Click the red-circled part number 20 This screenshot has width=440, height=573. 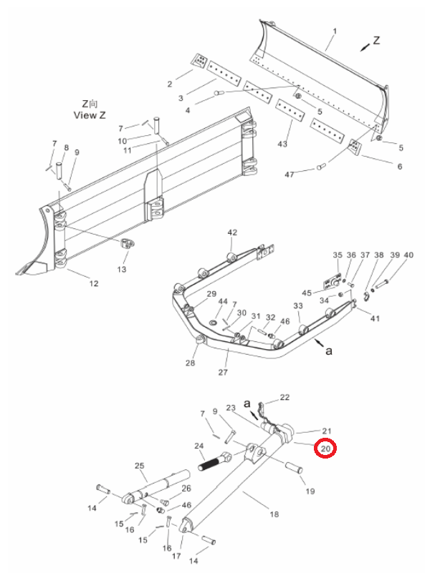coord(325,448)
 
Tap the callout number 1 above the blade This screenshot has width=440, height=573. coord(335,31)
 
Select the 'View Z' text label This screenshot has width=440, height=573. coord(90,115)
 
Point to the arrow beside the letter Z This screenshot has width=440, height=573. coord(365,46)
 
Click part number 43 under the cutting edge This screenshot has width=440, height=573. coord(282,144)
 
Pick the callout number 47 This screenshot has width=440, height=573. coord(290,175)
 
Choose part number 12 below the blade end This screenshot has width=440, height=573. coord(94,283)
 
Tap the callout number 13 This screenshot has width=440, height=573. coord(122,269)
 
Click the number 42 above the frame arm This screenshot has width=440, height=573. coord(232,232)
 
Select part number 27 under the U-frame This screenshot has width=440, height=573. coord(223,373)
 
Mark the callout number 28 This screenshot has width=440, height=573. coord(191,363)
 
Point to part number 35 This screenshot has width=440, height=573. coord(338,255)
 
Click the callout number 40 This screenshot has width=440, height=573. coord(408,255)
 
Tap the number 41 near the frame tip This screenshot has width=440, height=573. coord(376,318)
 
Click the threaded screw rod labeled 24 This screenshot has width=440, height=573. coord(214,461)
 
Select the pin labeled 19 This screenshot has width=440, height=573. coord(293,468)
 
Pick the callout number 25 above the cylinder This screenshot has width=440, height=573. coord(140,466)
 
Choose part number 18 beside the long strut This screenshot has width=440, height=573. coord(274,514)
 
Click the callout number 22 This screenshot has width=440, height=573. coord(284,397)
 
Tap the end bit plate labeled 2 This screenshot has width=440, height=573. coord(199,60)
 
